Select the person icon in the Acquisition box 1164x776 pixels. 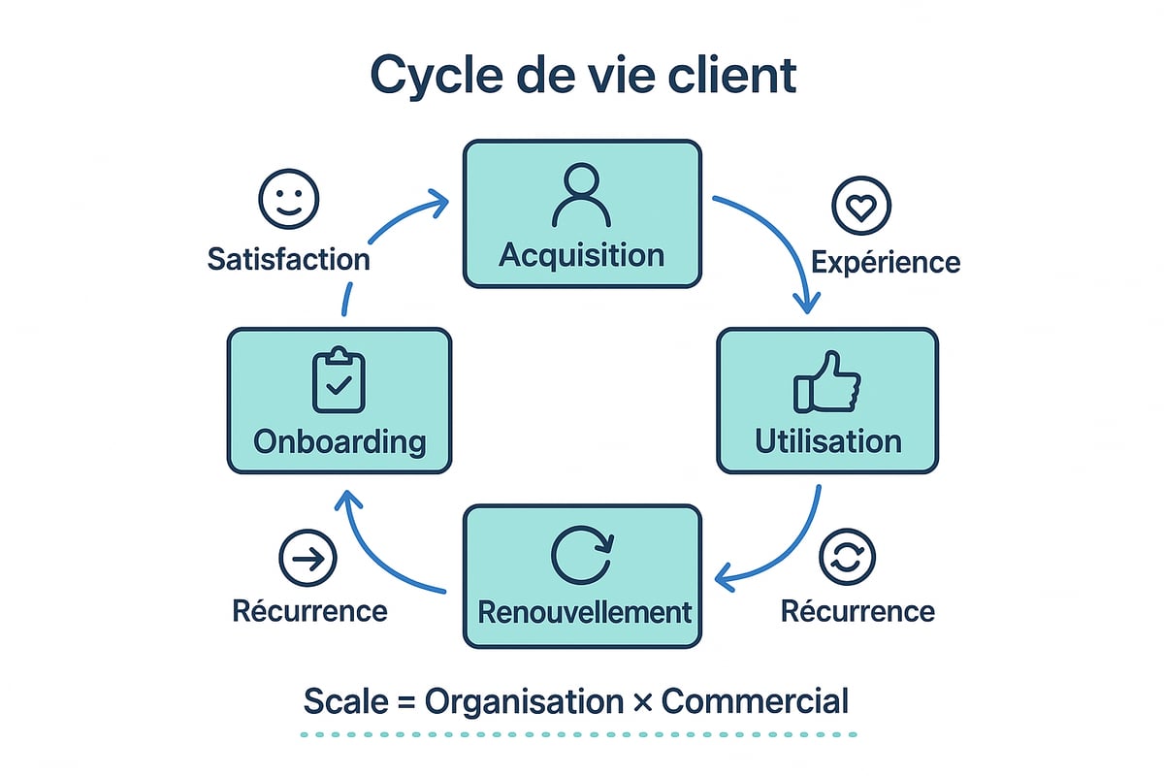click(581, 196)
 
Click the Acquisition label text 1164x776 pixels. click(581, 255)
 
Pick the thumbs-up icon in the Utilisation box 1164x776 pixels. click(827, 384)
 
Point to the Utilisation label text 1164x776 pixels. click(827, 441)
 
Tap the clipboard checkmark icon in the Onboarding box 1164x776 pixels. click(339, 381)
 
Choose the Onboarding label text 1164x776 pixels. click(339, 441)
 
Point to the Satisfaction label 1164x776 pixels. click(288, 259)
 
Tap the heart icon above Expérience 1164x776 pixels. click(861, 208)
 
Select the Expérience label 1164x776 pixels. click(885, 262)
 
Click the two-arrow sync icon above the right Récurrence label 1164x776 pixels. click(847, 559)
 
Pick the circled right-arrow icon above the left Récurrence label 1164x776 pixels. click(307, 559)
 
